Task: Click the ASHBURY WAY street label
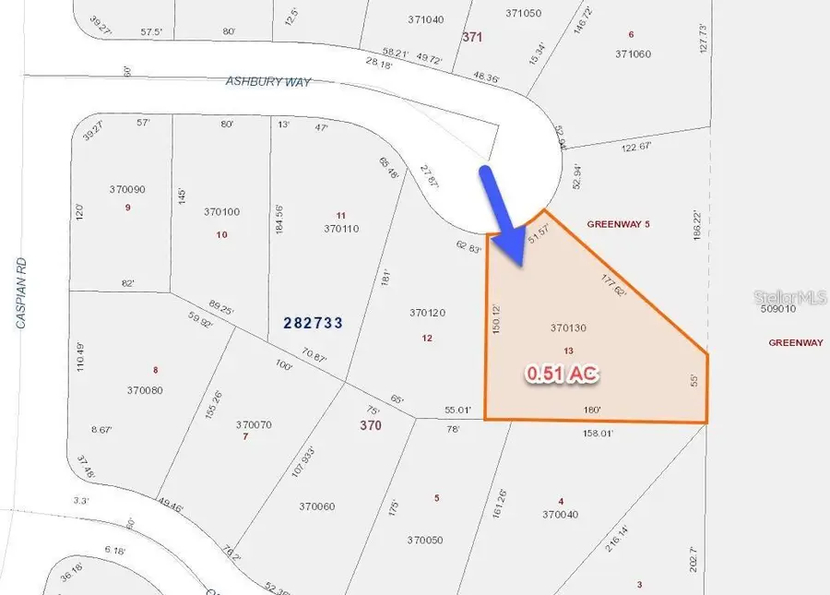point(268,82)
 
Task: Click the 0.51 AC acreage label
point(562,374)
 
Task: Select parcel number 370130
point(569,327)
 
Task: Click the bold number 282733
point(314,323)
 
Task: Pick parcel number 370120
point(427,314)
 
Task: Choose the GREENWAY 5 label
point(625,224)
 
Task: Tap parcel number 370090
point(127,189)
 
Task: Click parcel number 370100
point(221,212)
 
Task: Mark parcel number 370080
point(145,390)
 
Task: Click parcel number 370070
point(254,424)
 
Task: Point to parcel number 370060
point(316,506)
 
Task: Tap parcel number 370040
point(561,515)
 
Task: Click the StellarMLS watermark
point(790,298)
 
